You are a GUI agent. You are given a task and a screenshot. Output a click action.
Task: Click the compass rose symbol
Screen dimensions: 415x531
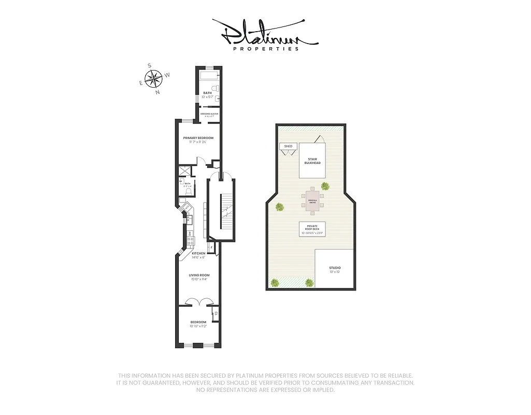pos(154,79)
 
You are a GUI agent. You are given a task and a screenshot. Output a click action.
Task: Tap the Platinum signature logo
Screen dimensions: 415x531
pos(265,33)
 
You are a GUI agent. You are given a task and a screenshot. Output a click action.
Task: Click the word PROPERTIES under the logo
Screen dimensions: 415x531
pos(265,49)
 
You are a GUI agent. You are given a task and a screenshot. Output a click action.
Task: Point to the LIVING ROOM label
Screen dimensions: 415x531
pos(199,275)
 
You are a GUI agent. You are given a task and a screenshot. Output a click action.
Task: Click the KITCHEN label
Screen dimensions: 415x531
pos(198,254)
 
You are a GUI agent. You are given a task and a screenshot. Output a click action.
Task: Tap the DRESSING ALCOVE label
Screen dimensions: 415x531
pos(209,114)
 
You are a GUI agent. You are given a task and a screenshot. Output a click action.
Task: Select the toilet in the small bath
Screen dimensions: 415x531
pos(188,191)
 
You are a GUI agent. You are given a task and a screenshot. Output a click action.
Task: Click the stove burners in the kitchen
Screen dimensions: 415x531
pos(190,240)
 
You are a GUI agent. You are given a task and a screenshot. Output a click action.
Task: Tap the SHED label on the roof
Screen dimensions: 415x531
pos(288,146)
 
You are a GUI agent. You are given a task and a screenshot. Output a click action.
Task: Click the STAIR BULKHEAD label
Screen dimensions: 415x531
pos(312,161)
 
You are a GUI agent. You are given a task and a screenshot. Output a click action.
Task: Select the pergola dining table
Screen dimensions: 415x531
pos(312,201)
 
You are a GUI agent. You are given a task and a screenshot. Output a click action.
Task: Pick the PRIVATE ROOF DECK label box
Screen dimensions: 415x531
pos(312,229)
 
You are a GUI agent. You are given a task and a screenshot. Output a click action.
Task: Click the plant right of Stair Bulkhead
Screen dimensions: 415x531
pos(325,186)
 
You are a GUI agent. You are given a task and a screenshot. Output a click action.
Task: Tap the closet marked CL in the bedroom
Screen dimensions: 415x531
pos(215,313)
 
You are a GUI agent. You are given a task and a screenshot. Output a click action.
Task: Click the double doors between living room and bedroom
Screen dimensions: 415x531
pos(199,301)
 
